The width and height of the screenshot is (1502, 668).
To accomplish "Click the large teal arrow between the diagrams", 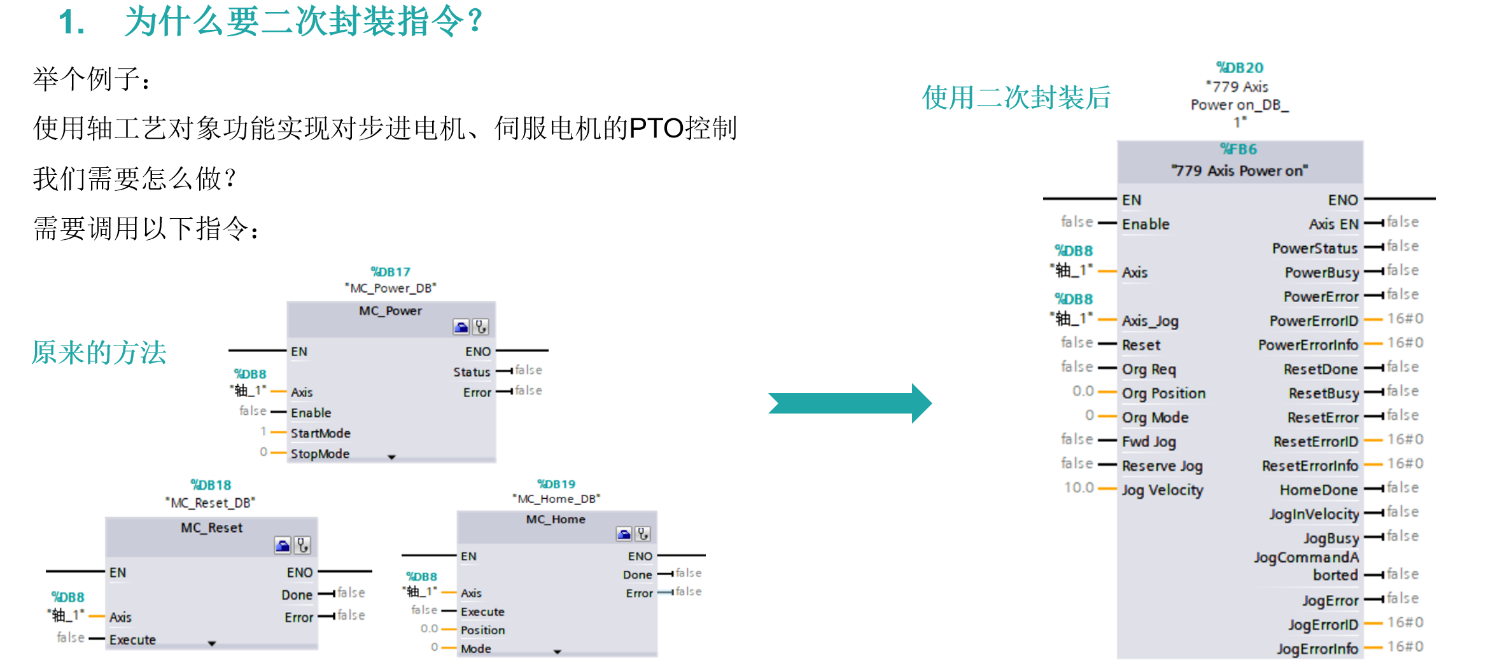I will click(x=850, y=403).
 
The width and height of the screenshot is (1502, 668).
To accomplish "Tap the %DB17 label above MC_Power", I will click(x=390, y=272).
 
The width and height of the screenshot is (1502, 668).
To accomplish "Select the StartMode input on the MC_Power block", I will click(x=320, y=433).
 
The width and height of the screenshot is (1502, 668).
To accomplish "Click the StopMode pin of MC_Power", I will click(x=319, y=454).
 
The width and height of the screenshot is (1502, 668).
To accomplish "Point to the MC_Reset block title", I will click(x=211, y=527).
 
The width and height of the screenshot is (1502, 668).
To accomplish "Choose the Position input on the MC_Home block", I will click(x=482, y=630).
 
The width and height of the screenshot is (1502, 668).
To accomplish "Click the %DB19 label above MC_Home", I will click(x=556, y=484).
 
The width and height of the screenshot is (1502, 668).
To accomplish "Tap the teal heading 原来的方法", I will click(x=99, y=352).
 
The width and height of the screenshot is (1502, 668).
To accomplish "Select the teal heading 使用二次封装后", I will click(x=1016, y=97).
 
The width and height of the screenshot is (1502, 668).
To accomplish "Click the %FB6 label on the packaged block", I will click(x=1238, y=149).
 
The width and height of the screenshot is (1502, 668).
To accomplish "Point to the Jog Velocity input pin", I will click(x=1162, y=490).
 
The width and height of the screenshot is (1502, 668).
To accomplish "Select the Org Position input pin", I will click(x=1163, y=393).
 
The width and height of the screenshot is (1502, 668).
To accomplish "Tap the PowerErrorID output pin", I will click(x=1313, y=321).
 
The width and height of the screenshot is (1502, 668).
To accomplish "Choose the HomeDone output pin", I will click(x=1318, y=490).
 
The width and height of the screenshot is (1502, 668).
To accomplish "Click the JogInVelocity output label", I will click(x=1314, y=514).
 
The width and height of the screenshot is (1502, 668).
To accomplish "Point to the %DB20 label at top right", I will click(x=1239, y=68).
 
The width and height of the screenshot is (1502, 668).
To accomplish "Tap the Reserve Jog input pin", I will click(x=1162, y=466).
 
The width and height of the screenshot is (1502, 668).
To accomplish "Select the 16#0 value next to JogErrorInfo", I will click(x=1405, y=647).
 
